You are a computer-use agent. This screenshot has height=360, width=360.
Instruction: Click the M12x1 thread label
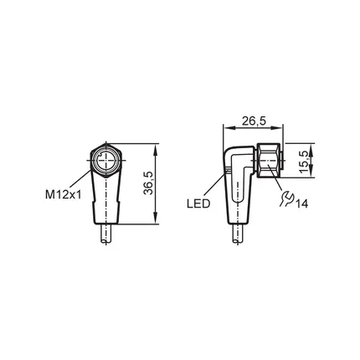64,194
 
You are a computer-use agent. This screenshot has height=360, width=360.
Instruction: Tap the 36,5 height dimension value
148,183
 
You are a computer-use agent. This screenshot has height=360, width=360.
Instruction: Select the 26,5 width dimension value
255,121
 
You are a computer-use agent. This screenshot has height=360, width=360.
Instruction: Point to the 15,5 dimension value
305,162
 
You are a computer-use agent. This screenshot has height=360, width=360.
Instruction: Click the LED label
198,203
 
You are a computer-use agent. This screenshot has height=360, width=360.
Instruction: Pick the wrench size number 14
301,203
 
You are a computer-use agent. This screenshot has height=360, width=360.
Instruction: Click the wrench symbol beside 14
285,198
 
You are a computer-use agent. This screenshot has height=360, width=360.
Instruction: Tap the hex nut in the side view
268,160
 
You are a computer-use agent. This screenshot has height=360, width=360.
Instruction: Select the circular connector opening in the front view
105,161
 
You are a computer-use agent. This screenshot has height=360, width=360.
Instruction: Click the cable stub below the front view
106,234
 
